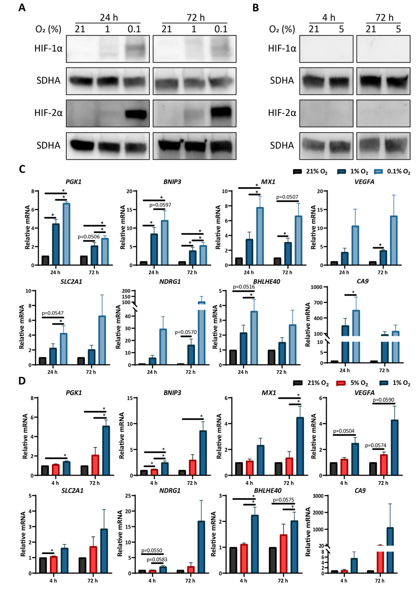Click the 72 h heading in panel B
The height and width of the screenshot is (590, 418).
(384, 17)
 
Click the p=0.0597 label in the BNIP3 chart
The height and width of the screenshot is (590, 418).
(160, 205)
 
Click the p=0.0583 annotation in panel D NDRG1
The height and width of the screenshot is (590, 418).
(157, 559)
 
